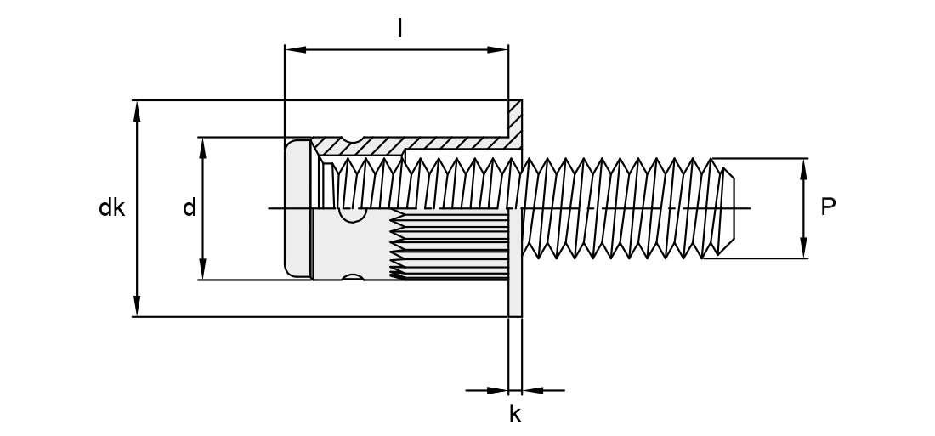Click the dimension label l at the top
(x=399, y=27)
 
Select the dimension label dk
(x=111, y=208)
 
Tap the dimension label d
(x=189, y=208)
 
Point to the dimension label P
(x=828, y=207)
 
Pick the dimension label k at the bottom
(x=515, y=413)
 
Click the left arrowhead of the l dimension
(x=296, y=49)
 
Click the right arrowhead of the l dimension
(x=497, y=49)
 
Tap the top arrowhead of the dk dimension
(x=137, y=111)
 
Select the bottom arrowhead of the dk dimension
(x=137, y=305)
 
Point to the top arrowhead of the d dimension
(x=203, y=149)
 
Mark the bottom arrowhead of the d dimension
(x=203, y=269)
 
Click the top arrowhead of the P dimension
(x=804, y=169)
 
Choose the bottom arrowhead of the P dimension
(x=804, y=247)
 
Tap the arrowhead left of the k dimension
(x=497, y=391)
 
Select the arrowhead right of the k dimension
(x=532, y=391)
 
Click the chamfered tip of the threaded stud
(x=727, y=208)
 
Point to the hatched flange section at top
(x=514, y=124)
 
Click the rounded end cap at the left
(x=297, y=208)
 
